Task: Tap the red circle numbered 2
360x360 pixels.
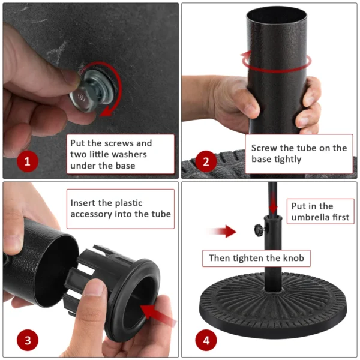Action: pyautogui.click(x=206, y=161)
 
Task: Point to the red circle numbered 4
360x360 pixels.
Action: pyautogui.click(x=206, y=341)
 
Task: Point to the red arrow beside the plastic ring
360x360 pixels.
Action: pyautogui.click(x=158, y=314)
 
